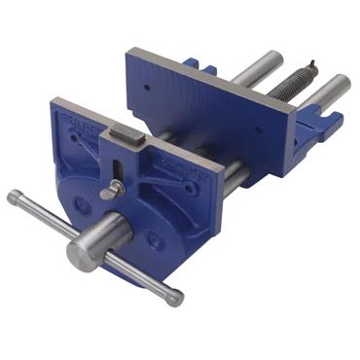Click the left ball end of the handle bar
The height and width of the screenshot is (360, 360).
click(14, 198)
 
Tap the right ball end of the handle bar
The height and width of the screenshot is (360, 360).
click(175, 298)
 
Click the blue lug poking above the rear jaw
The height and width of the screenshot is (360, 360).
click(192, 65)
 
